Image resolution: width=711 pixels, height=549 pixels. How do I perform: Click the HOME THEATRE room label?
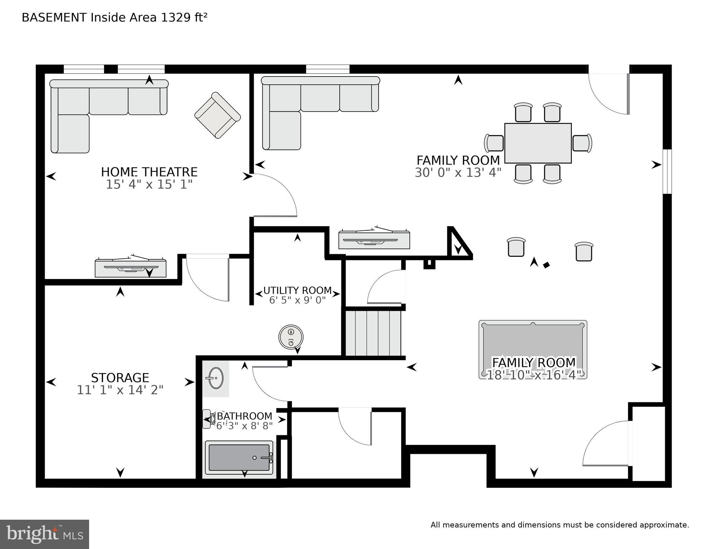click(x=149, y=172)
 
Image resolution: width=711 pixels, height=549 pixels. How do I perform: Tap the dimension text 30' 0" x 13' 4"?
click(x=458, y=173)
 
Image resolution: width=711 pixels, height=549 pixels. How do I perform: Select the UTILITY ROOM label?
click(x=297, y=290)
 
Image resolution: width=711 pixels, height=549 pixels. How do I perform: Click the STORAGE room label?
click(x=120, y=378)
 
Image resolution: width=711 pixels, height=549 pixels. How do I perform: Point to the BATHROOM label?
click(x=244, y=416)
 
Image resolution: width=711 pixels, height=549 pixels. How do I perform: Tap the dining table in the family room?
click(x=537, y=143)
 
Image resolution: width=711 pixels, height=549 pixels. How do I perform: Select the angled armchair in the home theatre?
click(x=218, y=115)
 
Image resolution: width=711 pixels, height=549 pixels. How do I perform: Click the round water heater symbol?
click(x=291, y=337)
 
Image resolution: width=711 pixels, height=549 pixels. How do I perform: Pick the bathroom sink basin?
click(x=216, y=378)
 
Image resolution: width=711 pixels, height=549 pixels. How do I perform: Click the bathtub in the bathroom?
click(x=239, y=457)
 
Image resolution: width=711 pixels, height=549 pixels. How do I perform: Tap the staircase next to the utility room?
click(x=373, y=333)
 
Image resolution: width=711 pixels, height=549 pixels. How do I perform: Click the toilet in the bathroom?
click(x=208, y=419)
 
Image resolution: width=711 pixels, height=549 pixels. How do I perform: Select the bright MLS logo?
click(x=44, y=534)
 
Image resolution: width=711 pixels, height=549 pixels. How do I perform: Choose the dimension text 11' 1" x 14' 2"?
click(x=120, y=390)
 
